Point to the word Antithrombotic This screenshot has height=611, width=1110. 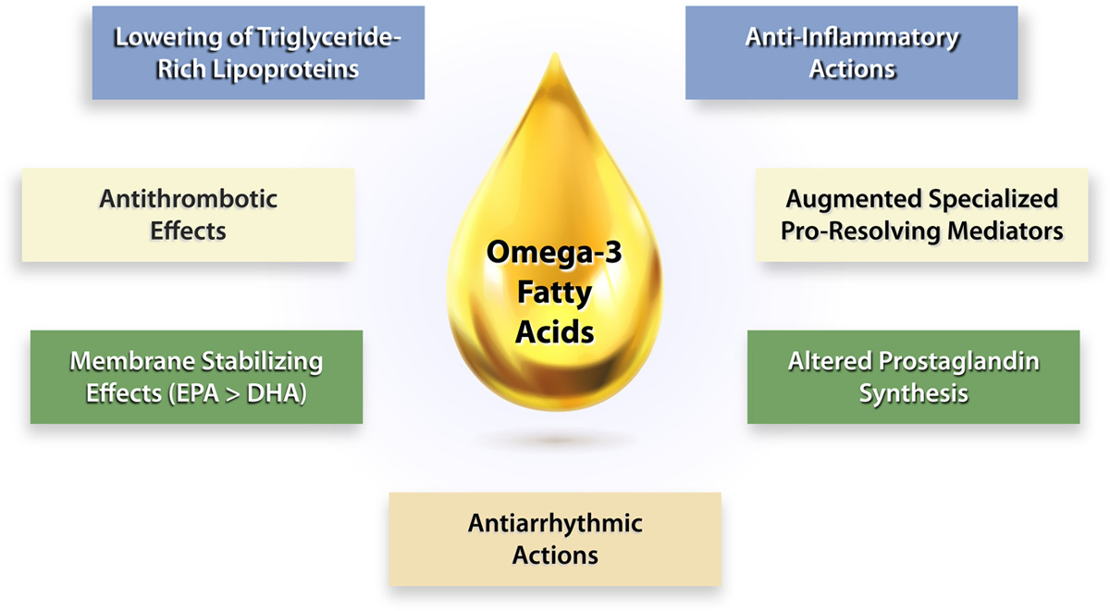(188, 199)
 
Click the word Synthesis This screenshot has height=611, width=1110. (913, 393)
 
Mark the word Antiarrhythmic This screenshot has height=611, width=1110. (554, 524)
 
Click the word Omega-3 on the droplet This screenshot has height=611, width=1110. (554, 251)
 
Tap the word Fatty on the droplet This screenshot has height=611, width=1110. (554, 292)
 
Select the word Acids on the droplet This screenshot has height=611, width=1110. (554, 331)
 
